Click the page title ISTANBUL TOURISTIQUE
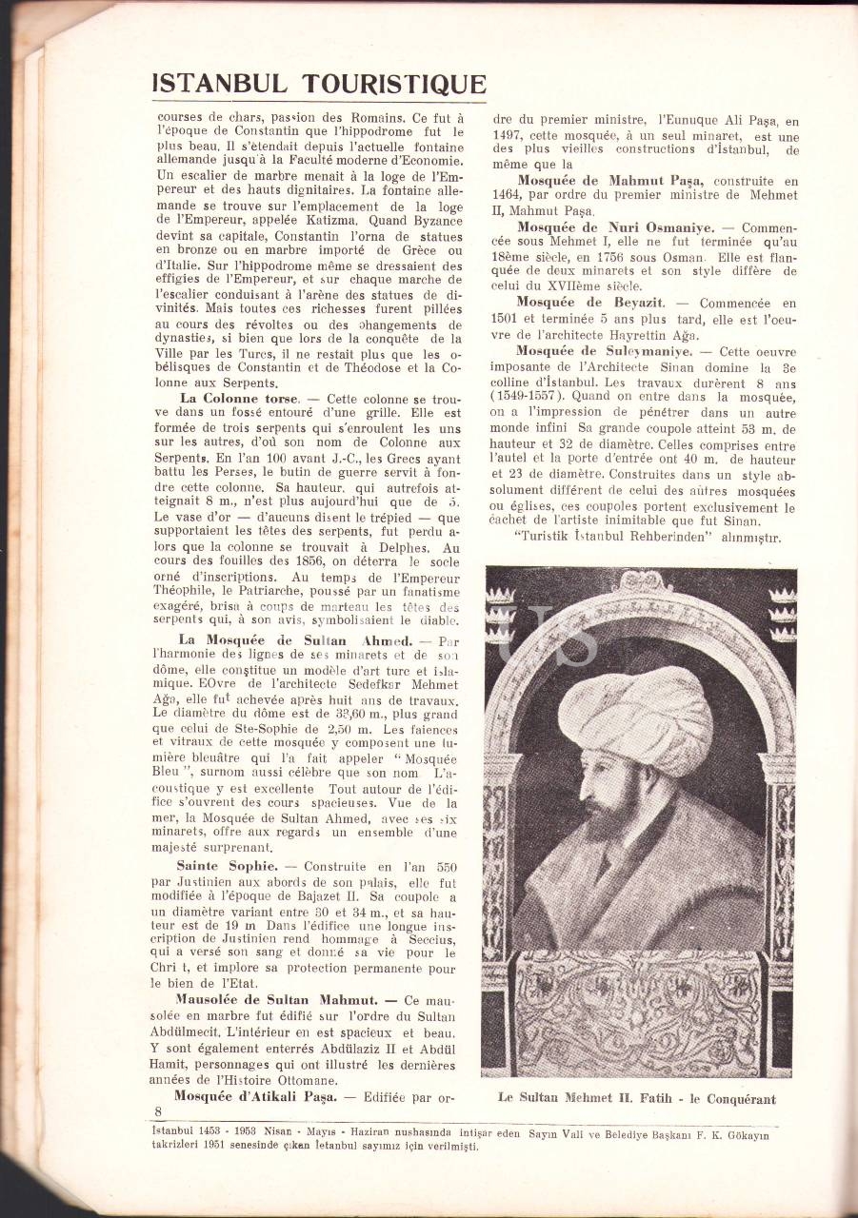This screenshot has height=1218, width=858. [x=319, y=84]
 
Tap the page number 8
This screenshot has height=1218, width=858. [x=159, y=1111]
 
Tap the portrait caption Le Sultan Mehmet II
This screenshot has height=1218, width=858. [x=636, y=1098]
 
